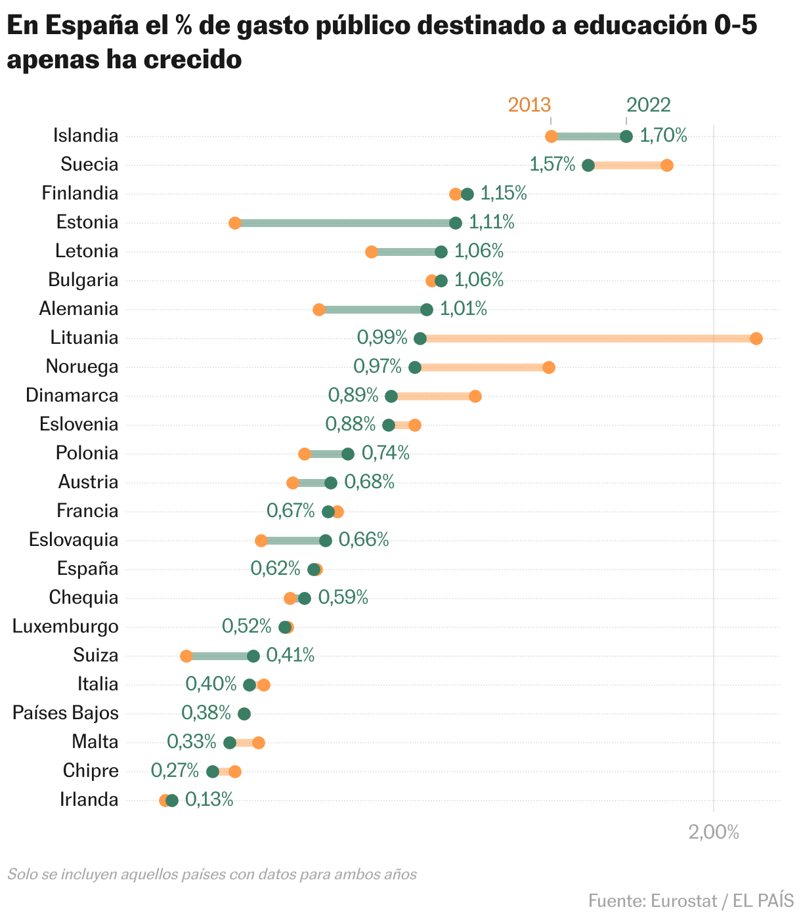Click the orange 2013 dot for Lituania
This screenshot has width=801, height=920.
[756, 339]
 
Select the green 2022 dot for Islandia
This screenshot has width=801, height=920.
[626, 136]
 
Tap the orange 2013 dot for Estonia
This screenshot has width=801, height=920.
[234, 223]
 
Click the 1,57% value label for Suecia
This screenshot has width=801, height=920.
[552, 164]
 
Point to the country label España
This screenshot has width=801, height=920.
[87, 568]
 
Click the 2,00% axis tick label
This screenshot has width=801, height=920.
[714, 832]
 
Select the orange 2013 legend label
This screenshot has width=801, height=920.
[529, 105]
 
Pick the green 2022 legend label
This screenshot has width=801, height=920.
[648, 105]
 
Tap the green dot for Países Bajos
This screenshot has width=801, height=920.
[244, 714]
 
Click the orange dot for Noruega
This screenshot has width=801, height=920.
[549, 367]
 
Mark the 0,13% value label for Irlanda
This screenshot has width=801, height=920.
[209, 799]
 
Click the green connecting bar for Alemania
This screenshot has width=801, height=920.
[372, 310]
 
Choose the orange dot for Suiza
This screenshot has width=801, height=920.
[186, 656]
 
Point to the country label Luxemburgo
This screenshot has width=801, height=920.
[66, 626]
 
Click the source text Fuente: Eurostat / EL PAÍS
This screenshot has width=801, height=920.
[691, 900]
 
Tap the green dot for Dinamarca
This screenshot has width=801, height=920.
[391, 396]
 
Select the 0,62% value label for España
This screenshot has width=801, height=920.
[275, 568]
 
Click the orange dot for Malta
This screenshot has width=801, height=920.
[259, 743]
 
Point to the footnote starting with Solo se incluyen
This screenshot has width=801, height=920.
[212, 874]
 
